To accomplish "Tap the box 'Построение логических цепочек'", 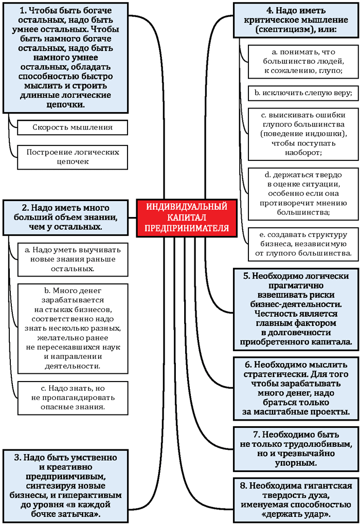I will tap(73, 157).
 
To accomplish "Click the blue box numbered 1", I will tap(65, 57).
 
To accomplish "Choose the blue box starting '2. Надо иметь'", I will tap(65, 217).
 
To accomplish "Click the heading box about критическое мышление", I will tap(295, 20).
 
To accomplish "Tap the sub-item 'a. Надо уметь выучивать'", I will tap(73, 259).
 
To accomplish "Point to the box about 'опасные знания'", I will tap(73, 397).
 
